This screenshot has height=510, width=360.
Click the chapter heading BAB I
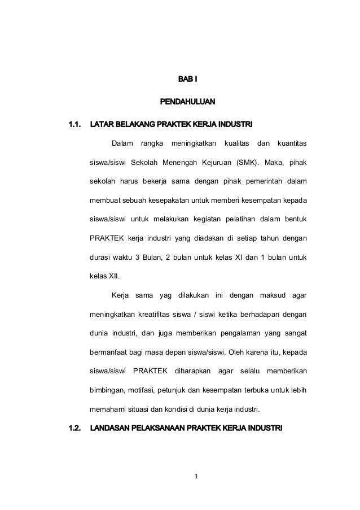[180, 79]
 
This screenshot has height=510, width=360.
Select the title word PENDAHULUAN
[180, 103]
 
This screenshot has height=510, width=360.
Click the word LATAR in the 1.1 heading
[103, 123]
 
